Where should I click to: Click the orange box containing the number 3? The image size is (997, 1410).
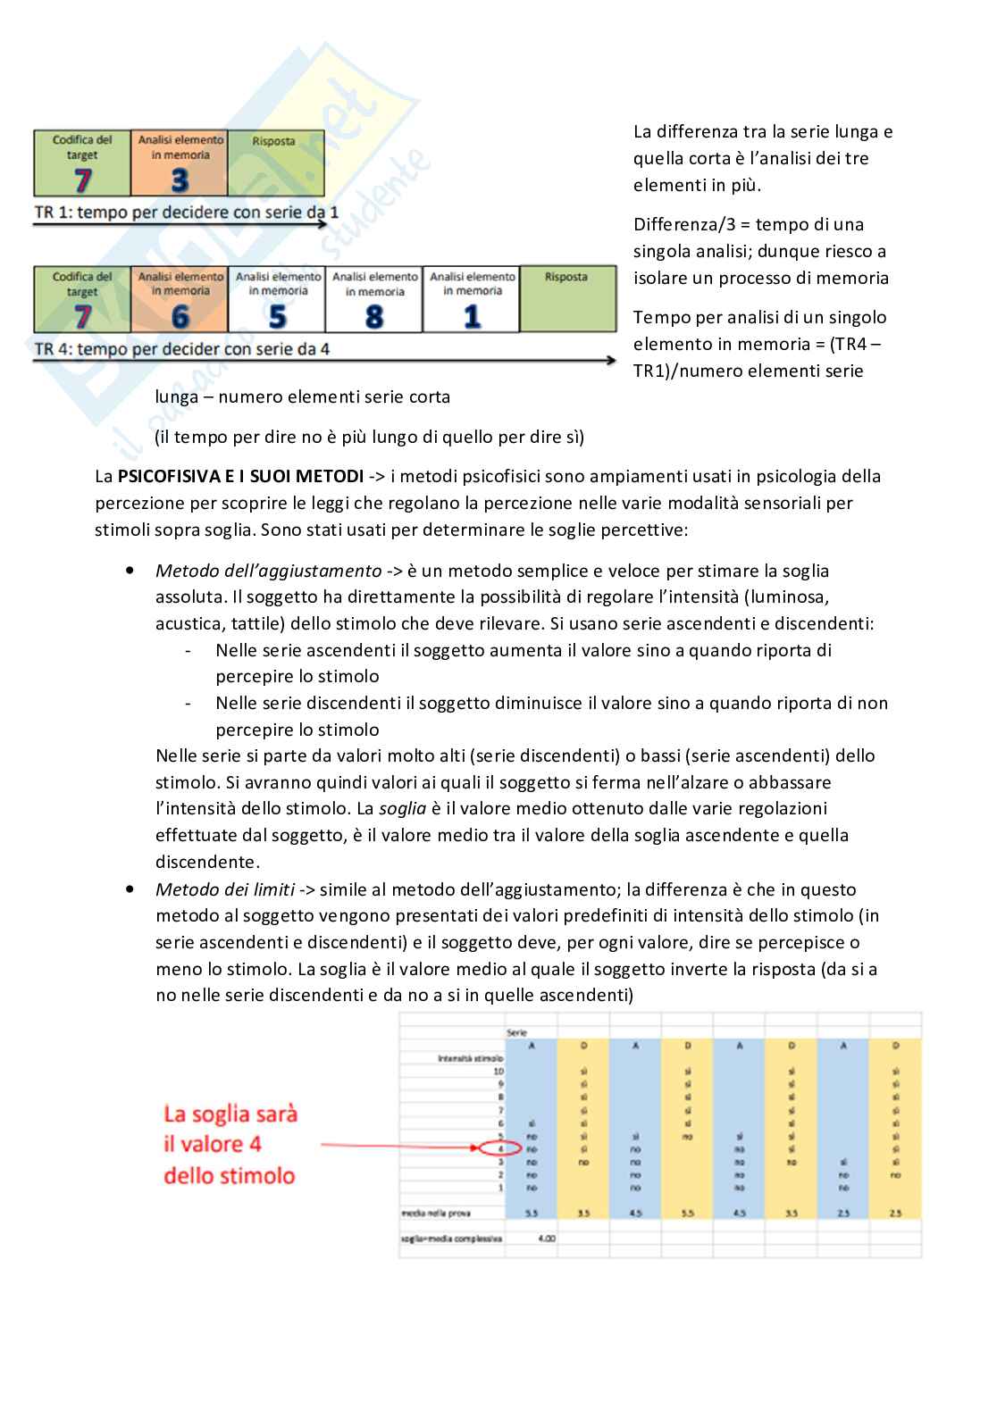pos(180,163)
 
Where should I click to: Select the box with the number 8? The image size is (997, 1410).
pos(374,299)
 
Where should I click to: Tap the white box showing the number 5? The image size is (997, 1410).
pos(278,299)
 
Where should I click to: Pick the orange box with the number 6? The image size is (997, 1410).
pos(180,299)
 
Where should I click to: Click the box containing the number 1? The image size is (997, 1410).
pos(471,299)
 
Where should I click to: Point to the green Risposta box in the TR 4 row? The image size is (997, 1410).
pos(567,299)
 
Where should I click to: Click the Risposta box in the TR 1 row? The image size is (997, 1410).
pos(275,163)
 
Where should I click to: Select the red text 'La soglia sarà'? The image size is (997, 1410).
pos(230,1114)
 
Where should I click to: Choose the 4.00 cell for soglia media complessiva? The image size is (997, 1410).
pos(547,1239)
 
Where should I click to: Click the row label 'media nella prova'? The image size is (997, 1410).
pos(436,1214)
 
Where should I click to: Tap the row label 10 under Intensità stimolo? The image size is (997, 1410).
pos(498,1071)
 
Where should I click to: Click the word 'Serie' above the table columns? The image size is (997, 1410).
pos(516,1032)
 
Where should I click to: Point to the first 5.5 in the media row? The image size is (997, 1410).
pos(532,1214)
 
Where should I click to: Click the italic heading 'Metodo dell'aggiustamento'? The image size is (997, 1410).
pos(268,571)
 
